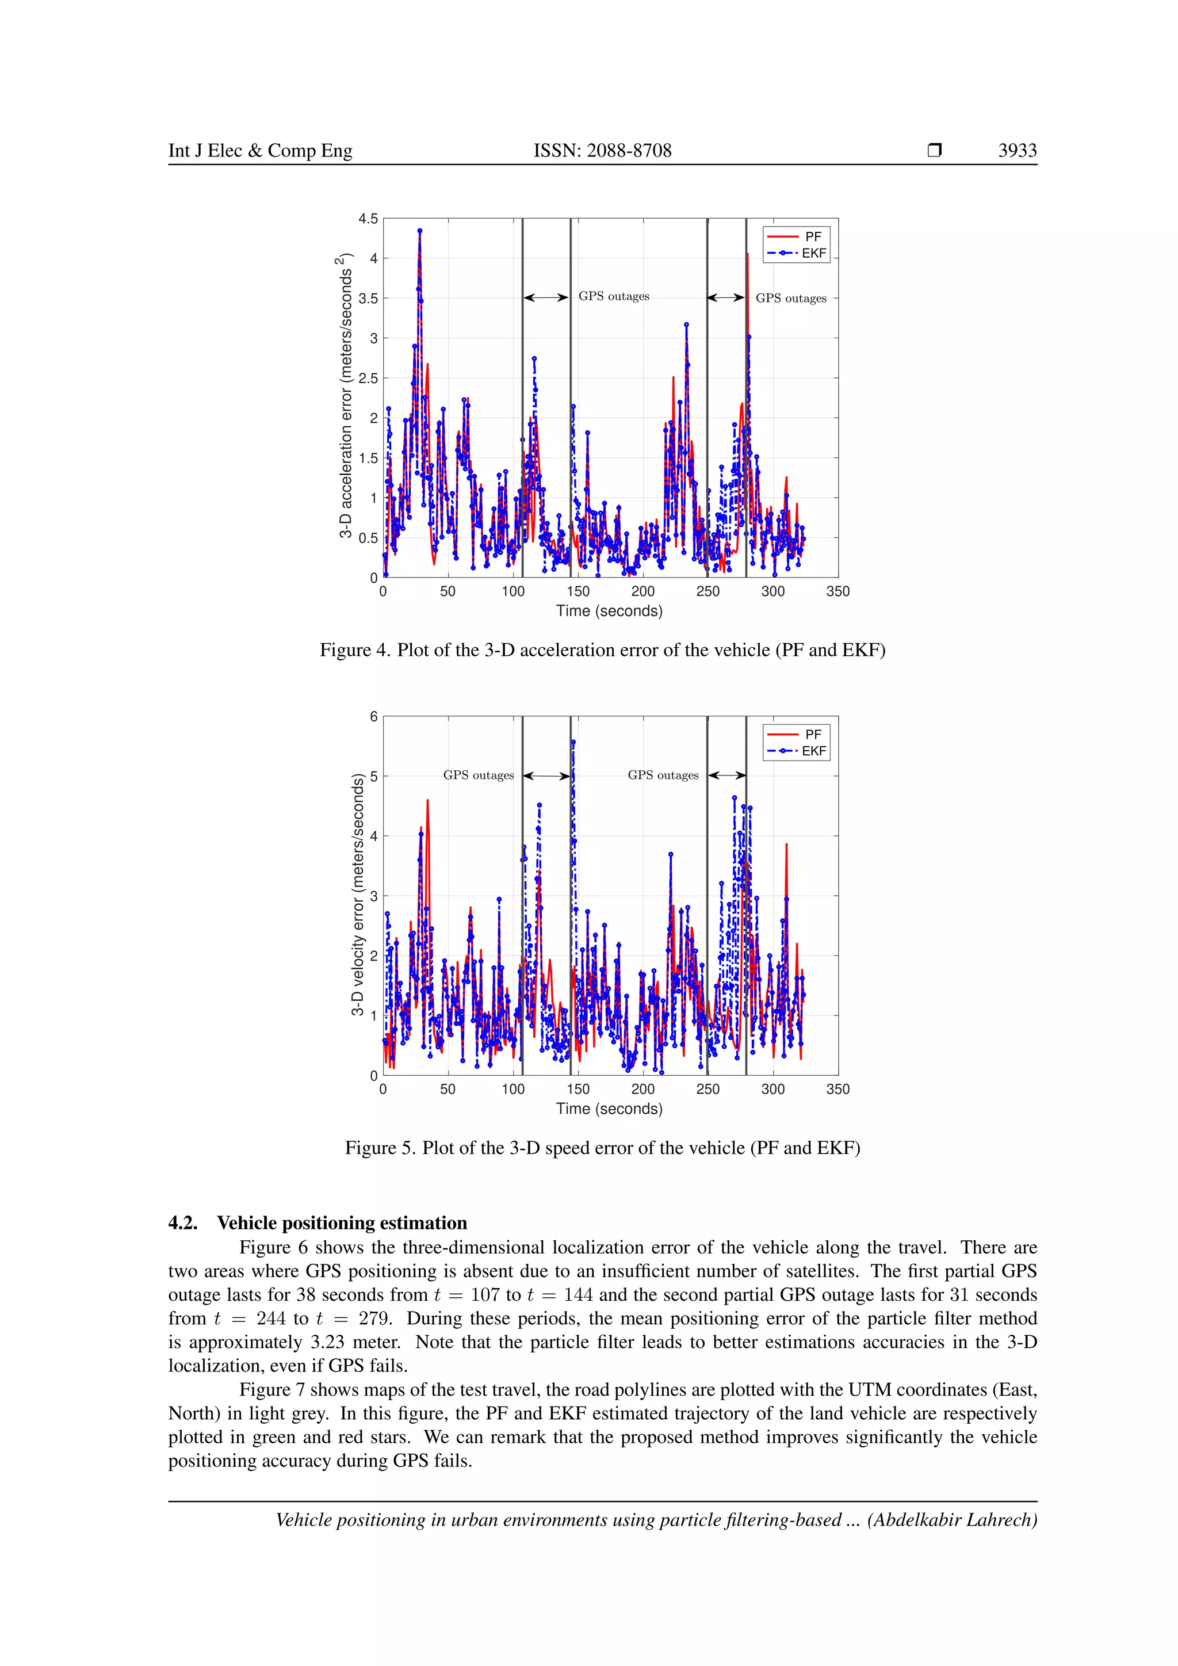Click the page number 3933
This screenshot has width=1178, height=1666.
1017,150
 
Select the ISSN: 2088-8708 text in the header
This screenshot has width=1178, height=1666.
602,150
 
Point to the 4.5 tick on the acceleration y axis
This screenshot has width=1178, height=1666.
368,219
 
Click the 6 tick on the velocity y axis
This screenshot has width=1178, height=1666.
373,716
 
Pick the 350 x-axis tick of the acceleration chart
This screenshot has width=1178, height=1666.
838,591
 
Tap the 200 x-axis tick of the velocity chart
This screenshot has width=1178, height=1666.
642,1089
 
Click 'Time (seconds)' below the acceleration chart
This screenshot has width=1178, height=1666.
609,611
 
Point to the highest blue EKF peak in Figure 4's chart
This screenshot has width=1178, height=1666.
419,231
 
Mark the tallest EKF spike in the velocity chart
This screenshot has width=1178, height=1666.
573,742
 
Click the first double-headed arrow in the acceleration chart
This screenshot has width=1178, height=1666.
545,297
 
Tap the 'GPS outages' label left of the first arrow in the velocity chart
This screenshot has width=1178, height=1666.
478,775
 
